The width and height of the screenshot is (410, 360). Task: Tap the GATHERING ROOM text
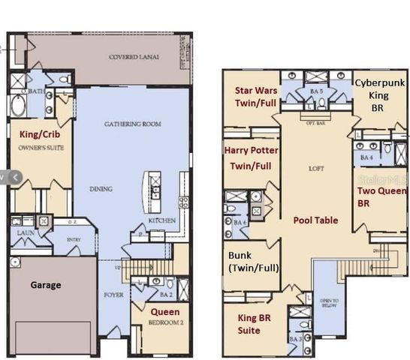pyautogui.click(x=132, y=124)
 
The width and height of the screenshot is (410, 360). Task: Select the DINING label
pyautogui.click(x=101, y=189)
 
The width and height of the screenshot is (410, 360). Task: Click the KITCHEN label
pyautogui.click(x=162, y=220)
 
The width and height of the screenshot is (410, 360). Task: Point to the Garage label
pyautogui.click(x=45, y=285)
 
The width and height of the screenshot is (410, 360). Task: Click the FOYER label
pyautogui.click(x=113, y=295)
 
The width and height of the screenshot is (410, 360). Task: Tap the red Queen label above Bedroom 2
pyautogui.click(x=164, y=311)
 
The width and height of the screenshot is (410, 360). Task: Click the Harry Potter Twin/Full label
pyautogui.click(x=251, y=157)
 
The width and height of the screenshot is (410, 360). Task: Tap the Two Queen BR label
pyautogui.click(x=376, y=196)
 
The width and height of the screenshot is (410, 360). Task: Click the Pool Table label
pyautogui.click(x=315, y=220)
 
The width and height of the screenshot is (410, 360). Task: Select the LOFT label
pyautogui.click(x=316, y=169)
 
